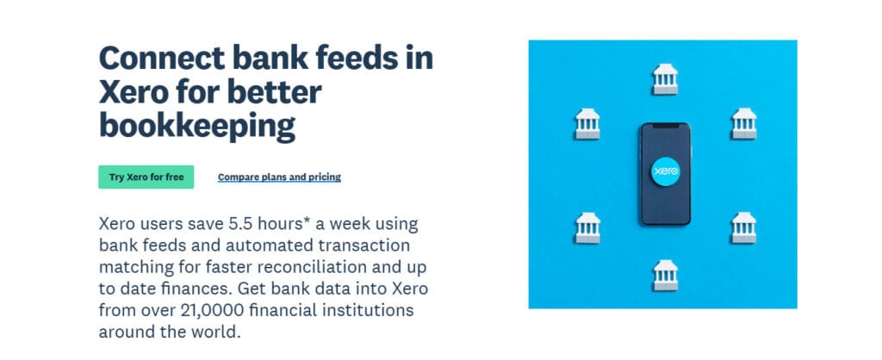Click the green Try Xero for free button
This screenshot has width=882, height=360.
pos(146,177)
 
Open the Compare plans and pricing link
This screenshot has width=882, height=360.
pos(280,177)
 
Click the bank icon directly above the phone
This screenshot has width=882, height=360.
pos(666,78)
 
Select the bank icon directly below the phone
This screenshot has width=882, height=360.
pos(666,275)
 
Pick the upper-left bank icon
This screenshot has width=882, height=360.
pos(587,124)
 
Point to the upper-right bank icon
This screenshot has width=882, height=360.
pos(743,124)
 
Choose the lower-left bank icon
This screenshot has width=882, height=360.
pos(587,228)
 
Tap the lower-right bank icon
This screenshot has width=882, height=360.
pos(743,228)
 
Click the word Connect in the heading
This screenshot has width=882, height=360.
pos(162,58)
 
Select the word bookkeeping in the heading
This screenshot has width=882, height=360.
pos(197,126)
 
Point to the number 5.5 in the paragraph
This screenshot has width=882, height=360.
pos(241,224)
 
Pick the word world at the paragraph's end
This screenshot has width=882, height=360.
pos(217,332)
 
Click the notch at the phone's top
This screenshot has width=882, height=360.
pos(666,127)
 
